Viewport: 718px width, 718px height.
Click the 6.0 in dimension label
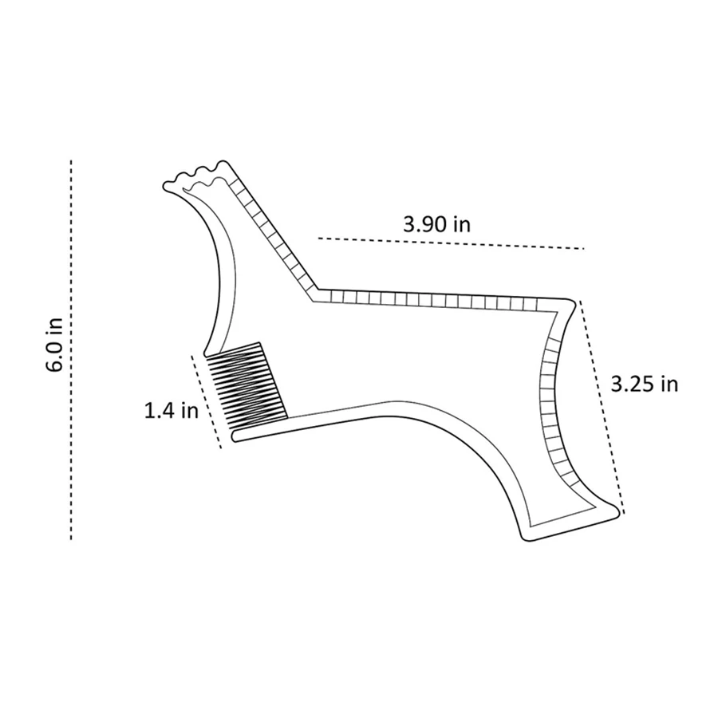[x=54, y=345]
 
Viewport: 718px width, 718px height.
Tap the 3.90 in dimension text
[x=436, y=223]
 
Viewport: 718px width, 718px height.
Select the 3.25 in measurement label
[x=644, y=384]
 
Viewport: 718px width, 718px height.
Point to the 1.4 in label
[x=171, y=411]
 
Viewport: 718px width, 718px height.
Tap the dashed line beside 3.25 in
[x=602, y=407]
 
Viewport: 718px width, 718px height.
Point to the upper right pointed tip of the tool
[x=573, y=301]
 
